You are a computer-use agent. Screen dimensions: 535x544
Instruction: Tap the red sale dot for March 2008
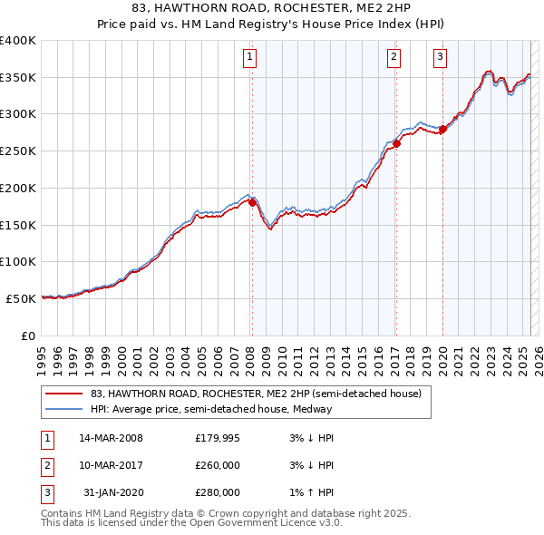coord(252,202)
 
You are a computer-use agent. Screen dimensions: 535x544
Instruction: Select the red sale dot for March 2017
coord(396,143)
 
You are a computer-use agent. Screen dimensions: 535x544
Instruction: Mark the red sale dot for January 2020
coord(442,129)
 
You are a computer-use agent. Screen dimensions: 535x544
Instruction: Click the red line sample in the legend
coord(63,394)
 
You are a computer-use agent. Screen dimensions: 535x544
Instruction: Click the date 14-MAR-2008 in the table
coord(111,438)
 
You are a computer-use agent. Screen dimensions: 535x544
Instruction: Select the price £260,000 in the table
coord(218,465)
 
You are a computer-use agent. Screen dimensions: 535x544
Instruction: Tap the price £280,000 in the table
coord(218,492)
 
